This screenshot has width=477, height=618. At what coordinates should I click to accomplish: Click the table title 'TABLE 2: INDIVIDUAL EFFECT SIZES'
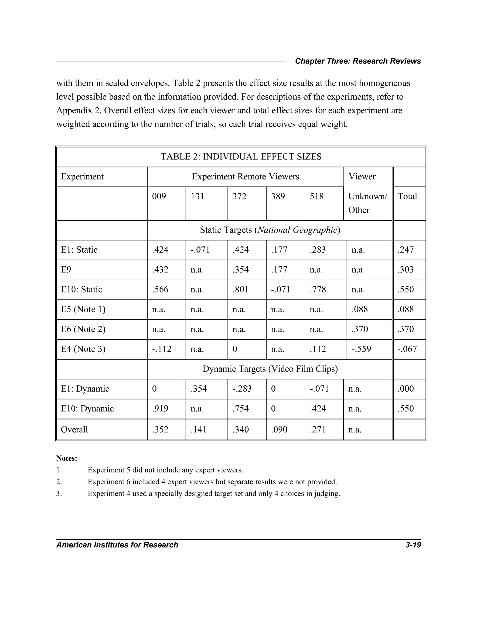click(x=241, y=157)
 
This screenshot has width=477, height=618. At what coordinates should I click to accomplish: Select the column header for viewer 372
click(x=239, y=196)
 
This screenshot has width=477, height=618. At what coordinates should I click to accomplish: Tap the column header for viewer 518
click(x=317, y=196)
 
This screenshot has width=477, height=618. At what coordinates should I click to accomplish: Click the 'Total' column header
click(x=407, y=196)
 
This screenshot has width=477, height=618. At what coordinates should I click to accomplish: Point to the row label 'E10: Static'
click(x=81, y=289)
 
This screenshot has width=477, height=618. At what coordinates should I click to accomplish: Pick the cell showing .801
click(x=240, y=289)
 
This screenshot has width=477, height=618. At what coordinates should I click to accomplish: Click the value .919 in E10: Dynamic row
click(x=160, y=409)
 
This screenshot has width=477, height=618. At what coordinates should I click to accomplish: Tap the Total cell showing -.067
click(x=407, y=349)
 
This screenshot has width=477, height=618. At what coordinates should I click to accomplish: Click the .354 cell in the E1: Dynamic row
click(x=199, y=389)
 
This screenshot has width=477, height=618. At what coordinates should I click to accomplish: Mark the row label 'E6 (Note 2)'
click(x=83, y=329)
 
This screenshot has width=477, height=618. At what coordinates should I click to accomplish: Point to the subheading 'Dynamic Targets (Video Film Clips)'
click(x=270, y=369)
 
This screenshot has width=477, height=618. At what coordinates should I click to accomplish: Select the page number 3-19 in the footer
click(x=413, y=545)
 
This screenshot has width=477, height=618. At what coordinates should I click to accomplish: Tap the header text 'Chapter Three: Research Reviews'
click(x=358, y=61)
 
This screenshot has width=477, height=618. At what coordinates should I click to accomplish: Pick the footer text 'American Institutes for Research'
click(x=117, y=545)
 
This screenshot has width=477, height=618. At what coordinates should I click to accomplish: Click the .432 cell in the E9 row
click(x=160, y=270)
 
